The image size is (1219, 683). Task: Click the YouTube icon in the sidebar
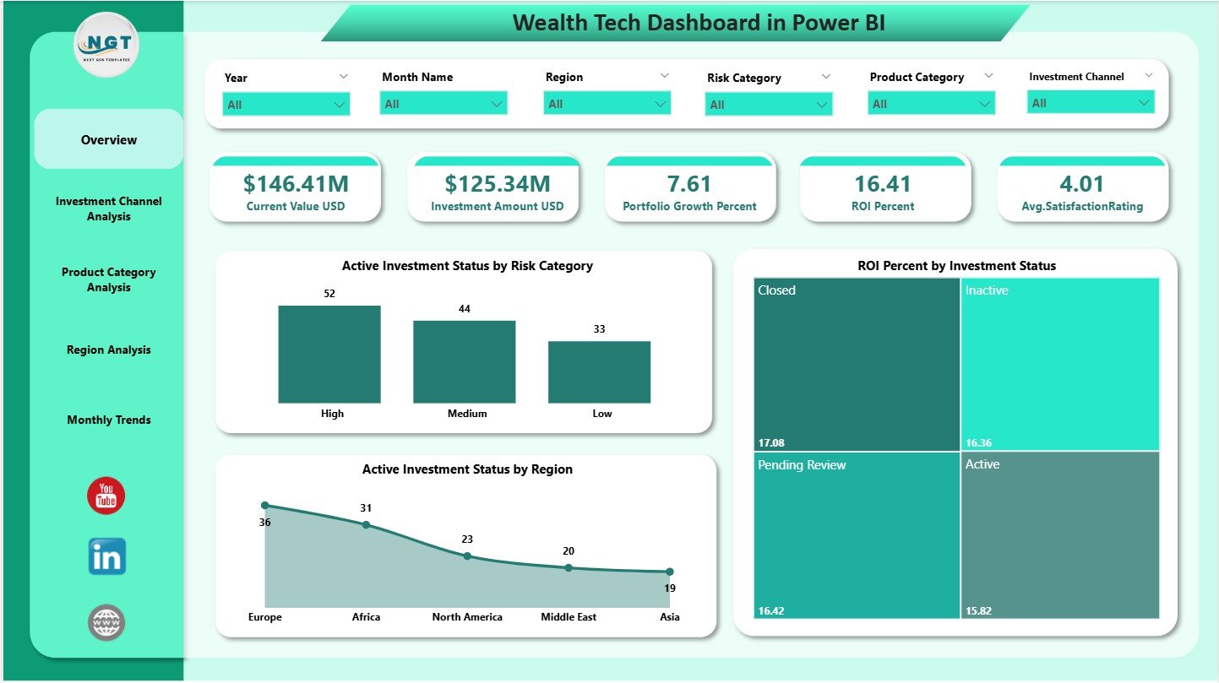point(106,496)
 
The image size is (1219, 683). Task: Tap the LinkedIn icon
point(106,557)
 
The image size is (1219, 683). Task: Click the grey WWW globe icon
point(106,623)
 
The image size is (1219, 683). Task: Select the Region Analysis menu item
point(109,350)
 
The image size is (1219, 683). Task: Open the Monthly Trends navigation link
point(109,420)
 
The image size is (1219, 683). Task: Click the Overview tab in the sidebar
point(109,140)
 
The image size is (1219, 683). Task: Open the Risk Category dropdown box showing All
point(768,105)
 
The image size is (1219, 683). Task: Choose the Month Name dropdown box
point(443,104)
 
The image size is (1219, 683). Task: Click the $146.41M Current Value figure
point(296,183)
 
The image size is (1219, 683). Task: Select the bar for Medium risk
point(464,361)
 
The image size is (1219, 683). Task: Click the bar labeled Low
point(599,371)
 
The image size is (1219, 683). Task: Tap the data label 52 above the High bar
point(329,293)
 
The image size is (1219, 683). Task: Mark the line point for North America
point(467,556)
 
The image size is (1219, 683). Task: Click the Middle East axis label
point(569,617)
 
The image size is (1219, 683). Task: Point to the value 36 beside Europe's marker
point(264,523)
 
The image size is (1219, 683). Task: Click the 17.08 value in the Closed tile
point(770,442)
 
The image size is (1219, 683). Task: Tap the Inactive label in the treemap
point(987,290)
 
